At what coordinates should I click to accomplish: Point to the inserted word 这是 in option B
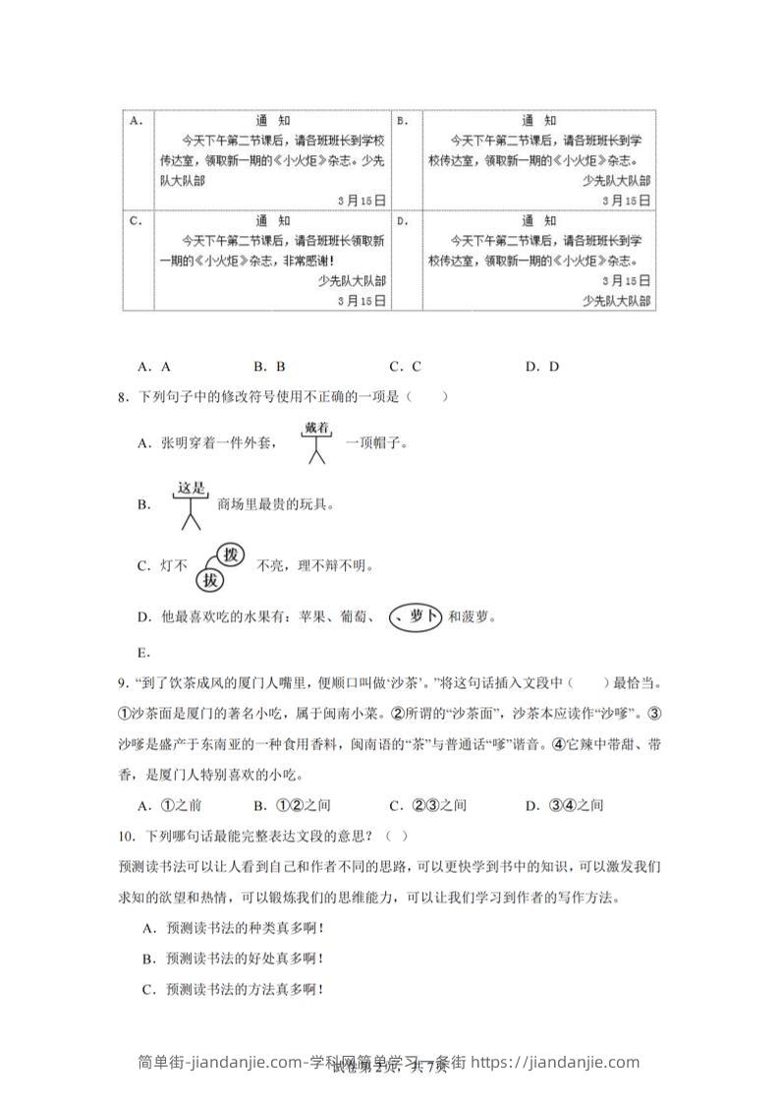tap(190, 486)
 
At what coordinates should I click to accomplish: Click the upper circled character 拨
tap(230, 554)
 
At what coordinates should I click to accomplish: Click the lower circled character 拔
tap(209, 580)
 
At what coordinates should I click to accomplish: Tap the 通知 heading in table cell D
tap(539, 220)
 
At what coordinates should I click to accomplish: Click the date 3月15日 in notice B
tap(626, 201)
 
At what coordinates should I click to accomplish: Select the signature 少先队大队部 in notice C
tap(352, 280)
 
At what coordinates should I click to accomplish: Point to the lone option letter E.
tap(143, 652)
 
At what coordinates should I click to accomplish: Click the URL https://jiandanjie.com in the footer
tap(556, 1062)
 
